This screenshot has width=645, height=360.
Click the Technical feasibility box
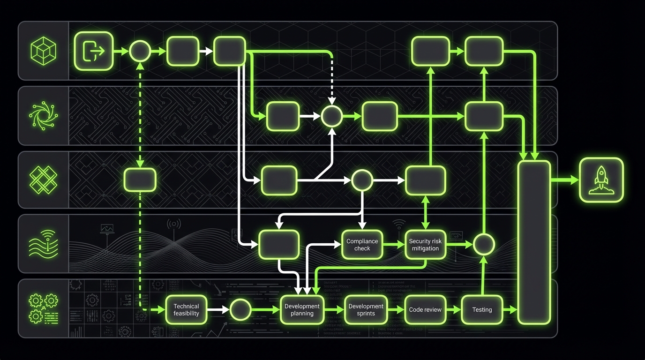tap(186, 309)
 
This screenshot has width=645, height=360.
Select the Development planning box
tap(302, 309)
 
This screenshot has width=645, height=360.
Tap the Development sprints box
tap(366, 309)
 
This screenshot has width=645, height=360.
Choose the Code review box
tap(425, 309)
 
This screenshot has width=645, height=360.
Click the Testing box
tap(482, 309)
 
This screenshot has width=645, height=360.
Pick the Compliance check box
tap(362, 245)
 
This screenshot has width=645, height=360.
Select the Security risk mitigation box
tap(425, 245)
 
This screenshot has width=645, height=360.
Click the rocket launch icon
tap(601, 180)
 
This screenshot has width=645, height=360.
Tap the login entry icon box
tap(93, 51)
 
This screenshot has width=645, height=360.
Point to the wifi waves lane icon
tap(43, 244)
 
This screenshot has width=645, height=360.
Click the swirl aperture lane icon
tap(43, 115)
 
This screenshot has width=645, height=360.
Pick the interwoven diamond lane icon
tap(43, 180)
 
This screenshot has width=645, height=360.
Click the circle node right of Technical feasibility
tap(241, 309)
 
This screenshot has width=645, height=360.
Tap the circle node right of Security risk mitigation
tap(484, 244)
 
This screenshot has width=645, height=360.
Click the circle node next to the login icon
tap(139, 51)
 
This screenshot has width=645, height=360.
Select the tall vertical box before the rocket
tap(534, 242)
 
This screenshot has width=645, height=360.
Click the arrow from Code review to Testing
tap(453, 309)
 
